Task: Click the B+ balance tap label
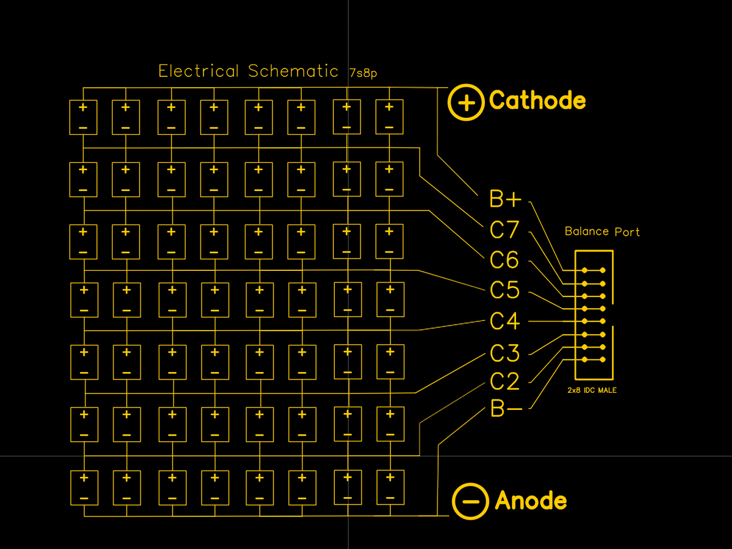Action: pyautogui.click(x=506, y=199)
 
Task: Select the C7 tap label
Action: pyautogui.click(x=504, y=230)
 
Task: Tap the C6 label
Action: pyautogui.click(x=504, y=260)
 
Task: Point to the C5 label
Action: pyautogui.click(x=504, y=290)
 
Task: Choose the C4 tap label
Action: pyautogui.click(x=504, y=321)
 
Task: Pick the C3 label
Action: pyautogui.click(x=504, y=353)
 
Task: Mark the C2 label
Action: pyautogui.click(x=504, y=382)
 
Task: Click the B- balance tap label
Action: pyautogui.click(x=506, y=409)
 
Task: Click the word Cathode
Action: pyautogui.click(x=537, y=100)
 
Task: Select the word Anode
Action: pyautogui.click(x=531, y=500)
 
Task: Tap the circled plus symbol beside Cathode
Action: pyautogui.click(x=467, y=102)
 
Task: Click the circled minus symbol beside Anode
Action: pyautogui.click(x=470, y=501)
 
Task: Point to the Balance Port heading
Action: pyautogui.click(x=602, y=232)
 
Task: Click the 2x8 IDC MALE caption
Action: pyautogui.click(x=592, y=390)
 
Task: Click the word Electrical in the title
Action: pyautogui.click(x=199, y=71)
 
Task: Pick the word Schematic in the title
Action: pyautogui.click(x=293, y=71)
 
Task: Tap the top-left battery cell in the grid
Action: pyautogui.click(x=84, y=117)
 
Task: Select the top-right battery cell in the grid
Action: pyautogui.click(x=389, y=117)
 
